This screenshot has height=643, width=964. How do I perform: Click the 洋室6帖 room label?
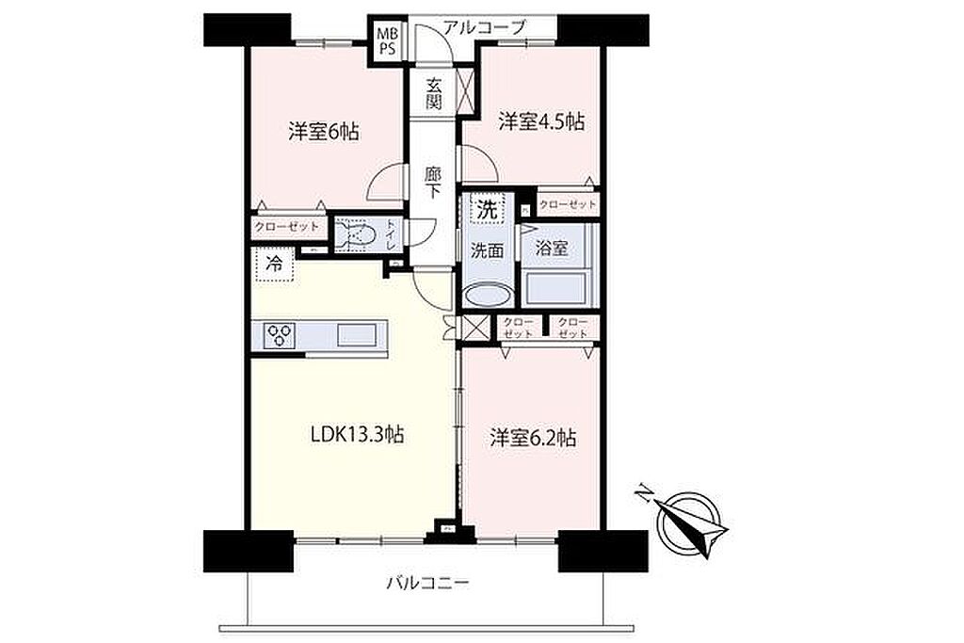(x=324, y=132)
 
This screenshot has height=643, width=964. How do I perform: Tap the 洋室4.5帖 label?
(x=541, y=121)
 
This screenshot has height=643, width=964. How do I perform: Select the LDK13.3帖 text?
(x=357, y=435)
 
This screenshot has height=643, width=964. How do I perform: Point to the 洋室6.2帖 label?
(x=533, y=438)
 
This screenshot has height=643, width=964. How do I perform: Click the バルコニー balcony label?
(x=428, y=582)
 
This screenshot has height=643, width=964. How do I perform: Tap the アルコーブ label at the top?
(x=485, y=26)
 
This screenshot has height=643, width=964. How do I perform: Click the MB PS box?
(x=387, y=41)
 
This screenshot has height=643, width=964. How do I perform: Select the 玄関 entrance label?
(x=433, y=93)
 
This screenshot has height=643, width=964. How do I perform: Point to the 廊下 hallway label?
(x=433, y=183)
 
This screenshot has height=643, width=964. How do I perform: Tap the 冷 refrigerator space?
(x=274, y=265)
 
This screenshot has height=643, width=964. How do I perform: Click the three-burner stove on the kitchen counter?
(x=281, y=335)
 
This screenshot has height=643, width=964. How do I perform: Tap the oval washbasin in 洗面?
(x=488, y=295)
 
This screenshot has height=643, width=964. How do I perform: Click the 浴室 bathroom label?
(x=552, y=249)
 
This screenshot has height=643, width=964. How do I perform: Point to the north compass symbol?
(x=686, y=523)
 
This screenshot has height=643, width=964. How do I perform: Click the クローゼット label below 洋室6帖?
(x=287, y=227)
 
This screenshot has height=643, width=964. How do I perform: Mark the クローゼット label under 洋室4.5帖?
(x=568, y=204)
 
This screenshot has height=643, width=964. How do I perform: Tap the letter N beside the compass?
(x=645, y=492)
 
